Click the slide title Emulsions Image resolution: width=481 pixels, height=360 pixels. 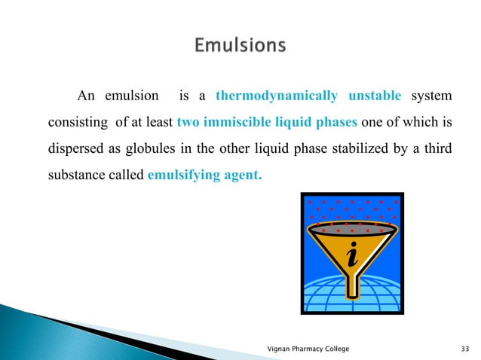pos(240,46)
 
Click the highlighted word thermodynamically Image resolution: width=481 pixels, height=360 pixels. pos(276,97)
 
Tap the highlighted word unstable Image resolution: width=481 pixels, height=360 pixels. pos(375,97)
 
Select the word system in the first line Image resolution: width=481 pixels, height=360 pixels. pos(432,97)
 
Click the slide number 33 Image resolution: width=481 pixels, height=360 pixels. pos(465,348)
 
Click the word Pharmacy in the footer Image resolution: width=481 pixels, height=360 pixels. pos(313,348)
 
